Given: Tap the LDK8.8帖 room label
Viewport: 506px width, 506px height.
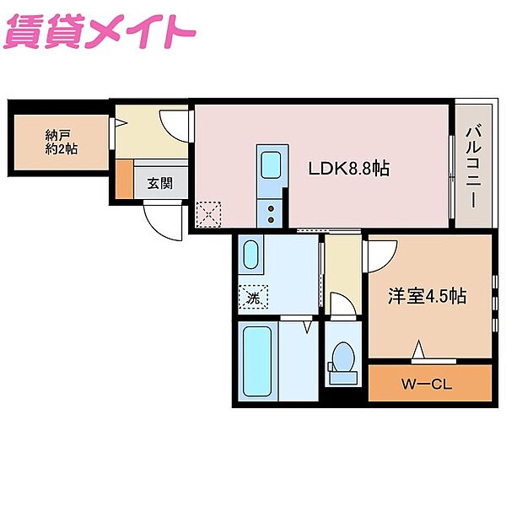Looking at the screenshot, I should point(348,169).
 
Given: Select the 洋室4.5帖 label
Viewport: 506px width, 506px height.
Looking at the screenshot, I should point(428,297).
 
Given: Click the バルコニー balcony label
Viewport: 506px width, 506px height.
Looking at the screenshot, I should point(472,167).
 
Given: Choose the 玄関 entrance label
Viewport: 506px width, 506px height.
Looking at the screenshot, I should point(160,182).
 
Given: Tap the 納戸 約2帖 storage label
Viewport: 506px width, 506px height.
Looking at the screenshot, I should point(61,141).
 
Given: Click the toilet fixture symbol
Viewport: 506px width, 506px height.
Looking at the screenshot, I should point(343,358).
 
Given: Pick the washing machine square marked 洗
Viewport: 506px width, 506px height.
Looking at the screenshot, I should point(253,296).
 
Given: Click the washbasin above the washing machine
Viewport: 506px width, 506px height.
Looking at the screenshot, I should point(251,256).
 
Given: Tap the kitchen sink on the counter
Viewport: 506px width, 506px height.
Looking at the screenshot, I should point(272,165).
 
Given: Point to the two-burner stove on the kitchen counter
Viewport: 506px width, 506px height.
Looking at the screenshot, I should point(272,211).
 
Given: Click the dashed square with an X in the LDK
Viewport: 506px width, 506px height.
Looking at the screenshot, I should point(207,214).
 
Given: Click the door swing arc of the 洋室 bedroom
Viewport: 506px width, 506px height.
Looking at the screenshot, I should point(381,256).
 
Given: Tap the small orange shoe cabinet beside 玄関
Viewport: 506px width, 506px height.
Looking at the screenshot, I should point(124,179).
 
